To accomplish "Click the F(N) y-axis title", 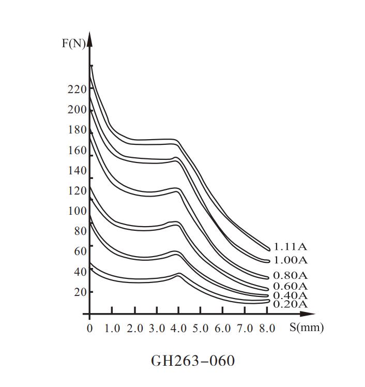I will click(73, 43).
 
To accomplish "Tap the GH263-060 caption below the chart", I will click(193, 360).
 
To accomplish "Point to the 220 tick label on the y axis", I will click(77, 89).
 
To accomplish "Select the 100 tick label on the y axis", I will click(77, 211).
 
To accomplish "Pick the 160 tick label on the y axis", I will click(77, 151).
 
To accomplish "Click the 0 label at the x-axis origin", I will click(90, 328).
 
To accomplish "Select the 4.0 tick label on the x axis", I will click(178, 328).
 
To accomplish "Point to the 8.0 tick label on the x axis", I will click(267, 328).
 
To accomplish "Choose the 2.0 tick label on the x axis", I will click(134, 328).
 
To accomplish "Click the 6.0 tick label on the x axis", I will click(223, 328).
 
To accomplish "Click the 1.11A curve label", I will click(290, 247).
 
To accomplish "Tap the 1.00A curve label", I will click(290, 260).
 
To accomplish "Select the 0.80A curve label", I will click(290, 275).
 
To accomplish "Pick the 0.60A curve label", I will click(290, 286).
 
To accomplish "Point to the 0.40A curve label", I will click(290, 295).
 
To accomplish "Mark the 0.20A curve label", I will click(290, 304).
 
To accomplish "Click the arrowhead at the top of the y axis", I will click(90, 37).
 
